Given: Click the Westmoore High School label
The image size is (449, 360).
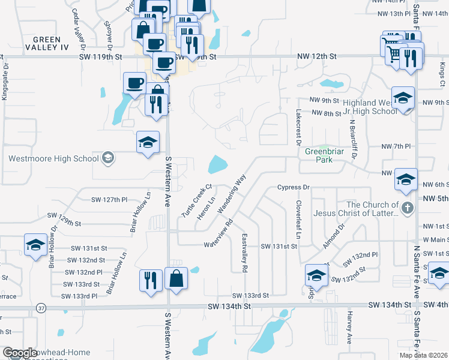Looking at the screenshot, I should tap(53, 159).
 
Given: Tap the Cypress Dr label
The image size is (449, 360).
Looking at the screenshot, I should tap(292, 187).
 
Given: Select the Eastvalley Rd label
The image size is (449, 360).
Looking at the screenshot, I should tap(244, 254).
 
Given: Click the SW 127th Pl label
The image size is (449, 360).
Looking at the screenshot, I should tap(109, 200).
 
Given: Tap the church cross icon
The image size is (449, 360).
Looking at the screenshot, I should tap(408, 208).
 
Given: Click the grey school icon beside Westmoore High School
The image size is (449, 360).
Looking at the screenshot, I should tap(107, 158).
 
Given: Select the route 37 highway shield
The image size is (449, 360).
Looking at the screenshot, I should tap(41, 308).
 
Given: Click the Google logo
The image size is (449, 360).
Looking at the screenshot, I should tap(20, 353).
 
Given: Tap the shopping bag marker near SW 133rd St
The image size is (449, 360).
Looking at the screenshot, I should tap(176, 278).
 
